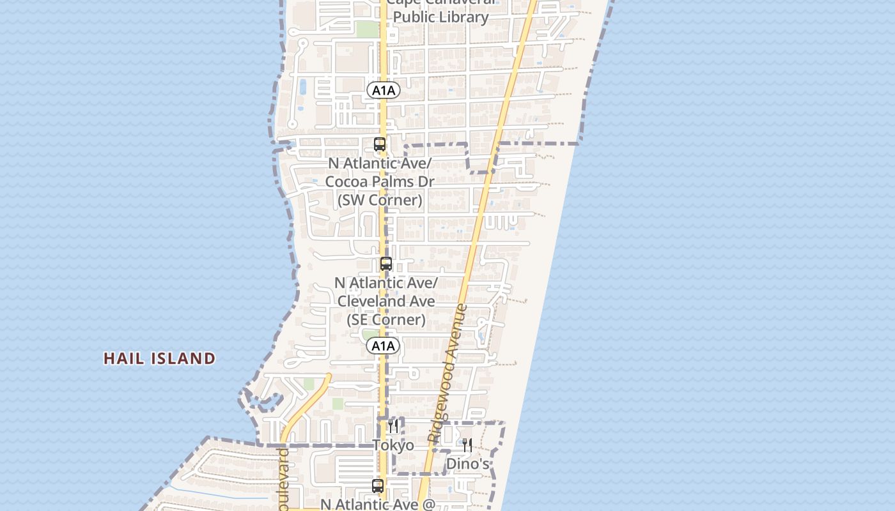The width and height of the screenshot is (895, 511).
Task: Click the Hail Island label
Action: (x=160, y=358)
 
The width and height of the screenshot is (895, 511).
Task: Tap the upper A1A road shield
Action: (x=384, y=91)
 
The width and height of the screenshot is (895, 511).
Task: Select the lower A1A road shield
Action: (x=384, y=346)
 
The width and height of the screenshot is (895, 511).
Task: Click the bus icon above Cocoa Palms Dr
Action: (x=380, y=144)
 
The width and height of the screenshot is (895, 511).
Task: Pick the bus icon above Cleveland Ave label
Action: (x=386, y=264)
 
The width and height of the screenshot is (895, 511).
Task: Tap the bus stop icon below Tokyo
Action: (x=378, y=486)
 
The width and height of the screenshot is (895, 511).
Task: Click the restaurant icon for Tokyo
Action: (x=393, y=426)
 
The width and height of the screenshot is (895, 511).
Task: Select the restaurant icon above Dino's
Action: (x=467, y=445)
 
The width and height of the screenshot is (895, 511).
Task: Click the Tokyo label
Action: (x=393, y=445)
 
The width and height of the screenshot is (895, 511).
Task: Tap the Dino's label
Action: (x=468, y=464)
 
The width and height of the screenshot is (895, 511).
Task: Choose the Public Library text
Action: (x=441, y=17)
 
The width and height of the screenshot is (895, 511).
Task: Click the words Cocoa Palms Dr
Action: (x=380, y=181)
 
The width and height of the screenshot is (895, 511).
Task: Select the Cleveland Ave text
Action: (x=386, y=301)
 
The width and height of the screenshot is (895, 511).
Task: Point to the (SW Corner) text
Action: (x=380, y=200)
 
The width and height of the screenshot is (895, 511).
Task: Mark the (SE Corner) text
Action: (x=386, y=319)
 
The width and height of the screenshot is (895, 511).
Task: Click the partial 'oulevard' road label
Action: (x=284, y=479)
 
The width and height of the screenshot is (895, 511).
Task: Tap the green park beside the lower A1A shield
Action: (x=369, y=335)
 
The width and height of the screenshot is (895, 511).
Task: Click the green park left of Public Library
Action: (x=367, y=29)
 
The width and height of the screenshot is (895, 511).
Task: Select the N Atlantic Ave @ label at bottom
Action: (x=378, y=504)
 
